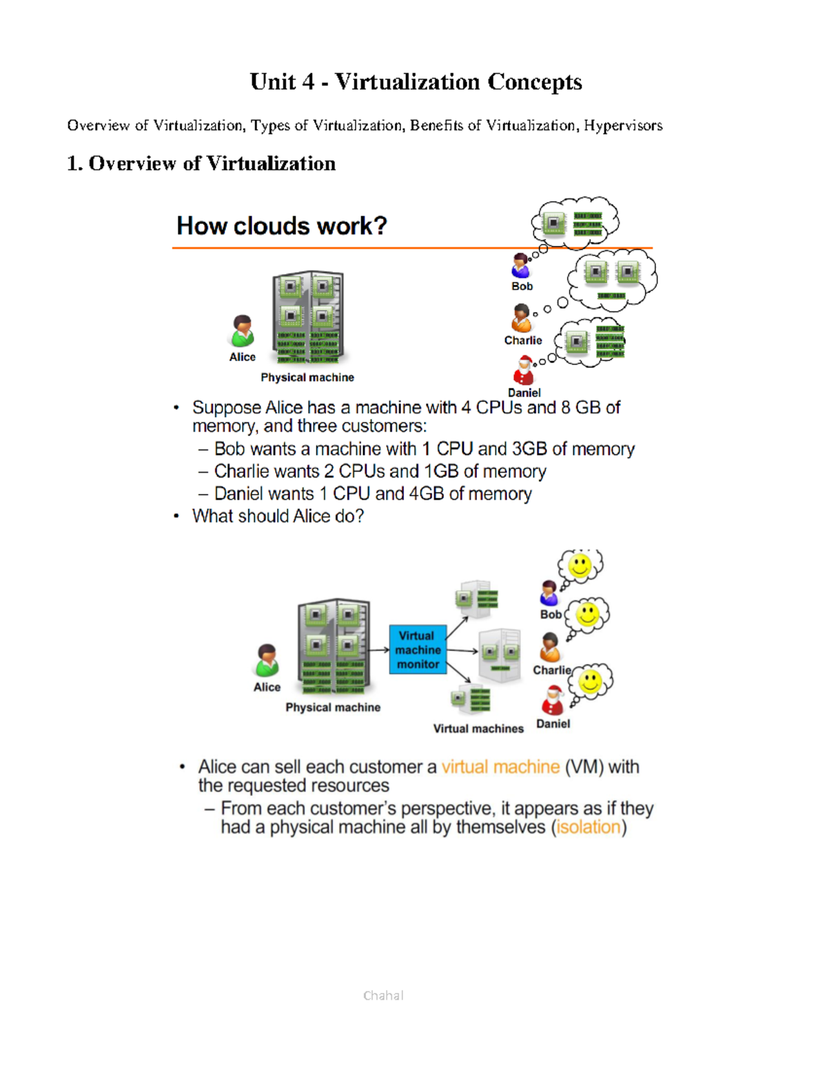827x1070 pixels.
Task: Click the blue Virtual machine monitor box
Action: click(x=418, y=649)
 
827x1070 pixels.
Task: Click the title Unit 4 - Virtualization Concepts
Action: click(x=416, y=82)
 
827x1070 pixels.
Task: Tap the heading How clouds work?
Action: click(x=281, y=226)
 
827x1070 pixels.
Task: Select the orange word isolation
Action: click(x=589, y=827)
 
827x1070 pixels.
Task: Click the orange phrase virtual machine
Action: click(x=500, y=767)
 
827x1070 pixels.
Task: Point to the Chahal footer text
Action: click(x=383, y=995)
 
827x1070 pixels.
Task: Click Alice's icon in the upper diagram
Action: click(x=243, y=331)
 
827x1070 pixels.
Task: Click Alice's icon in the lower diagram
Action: click(x=267, y=661)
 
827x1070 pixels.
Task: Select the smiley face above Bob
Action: click(x=580, y=566)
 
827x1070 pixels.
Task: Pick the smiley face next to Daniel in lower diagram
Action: click(x=591, y=682)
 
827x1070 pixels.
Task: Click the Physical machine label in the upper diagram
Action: click(x=307, y=378)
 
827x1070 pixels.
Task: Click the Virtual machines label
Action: click(x=478, y=728)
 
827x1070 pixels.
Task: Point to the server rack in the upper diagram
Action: click(x=308, y=317)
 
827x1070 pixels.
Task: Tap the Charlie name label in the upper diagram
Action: click(x=523, y=340)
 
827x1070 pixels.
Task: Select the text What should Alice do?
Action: click(x=278, y=516)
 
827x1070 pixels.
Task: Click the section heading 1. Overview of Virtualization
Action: click(x=201, y=163)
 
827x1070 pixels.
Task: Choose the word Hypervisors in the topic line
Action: click(x=623, y=125)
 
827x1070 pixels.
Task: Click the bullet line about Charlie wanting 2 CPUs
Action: click(x=380, y=471)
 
